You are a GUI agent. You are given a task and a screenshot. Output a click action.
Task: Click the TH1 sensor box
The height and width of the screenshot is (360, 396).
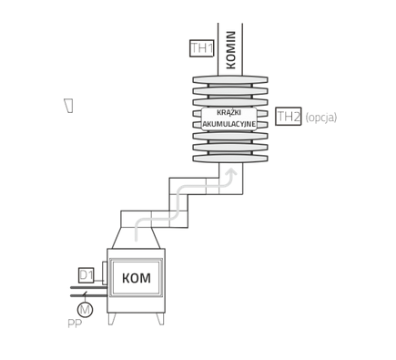click(202, 48)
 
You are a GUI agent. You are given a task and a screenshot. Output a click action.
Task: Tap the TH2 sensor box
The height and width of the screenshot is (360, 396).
click(289, 116)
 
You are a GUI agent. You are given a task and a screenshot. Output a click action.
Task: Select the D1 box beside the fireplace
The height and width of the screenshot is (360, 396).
click(86, 275)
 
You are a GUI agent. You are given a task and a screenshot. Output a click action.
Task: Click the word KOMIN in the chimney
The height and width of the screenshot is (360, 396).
click(230, 50)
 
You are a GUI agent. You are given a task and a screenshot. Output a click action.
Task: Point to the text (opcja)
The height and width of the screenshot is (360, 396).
click(321, 118)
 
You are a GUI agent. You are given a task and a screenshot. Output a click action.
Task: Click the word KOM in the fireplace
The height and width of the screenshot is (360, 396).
click(137, 278)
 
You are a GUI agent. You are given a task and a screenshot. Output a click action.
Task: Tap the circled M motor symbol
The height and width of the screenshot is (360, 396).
click(85, 310)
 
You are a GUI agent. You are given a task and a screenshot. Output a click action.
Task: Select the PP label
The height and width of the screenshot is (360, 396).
click(75, 324)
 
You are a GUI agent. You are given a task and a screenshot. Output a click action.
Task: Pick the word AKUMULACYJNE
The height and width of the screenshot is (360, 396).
click(229, 124)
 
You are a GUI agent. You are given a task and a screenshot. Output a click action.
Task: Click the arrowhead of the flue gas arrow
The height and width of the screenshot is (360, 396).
click(232, 171)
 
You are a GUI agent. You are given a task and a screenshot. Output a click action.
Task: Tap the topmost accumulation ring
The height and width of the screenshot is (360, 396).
click(230, 79)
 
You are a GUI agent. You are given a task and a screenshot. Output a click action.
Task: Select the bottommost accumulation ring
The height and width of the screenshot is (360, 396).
click(230, 159)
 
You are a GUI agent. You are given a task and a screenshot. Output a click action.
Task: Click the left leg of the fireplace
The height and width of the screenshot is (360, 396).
click(112, 319)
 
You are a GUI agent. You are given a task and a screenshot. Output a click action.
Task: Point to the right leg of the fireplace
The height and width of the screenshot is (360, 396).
click(160, 319)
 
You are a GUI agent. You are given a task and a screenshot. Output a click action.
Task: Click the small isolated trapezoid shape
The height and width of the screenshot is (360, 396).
click(69, 106)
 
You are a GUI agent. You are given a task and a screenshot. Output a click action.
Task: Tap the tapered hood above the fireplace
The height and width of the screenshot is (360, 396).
click(136, 238)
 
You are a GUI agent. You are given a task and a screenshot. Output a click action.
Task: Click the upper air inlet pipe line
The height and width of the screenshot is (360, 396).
click(88, 287)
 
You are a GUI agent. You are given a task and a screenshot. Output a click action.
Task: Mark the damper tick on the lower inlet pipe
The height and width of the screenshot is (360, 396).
click(85, 294)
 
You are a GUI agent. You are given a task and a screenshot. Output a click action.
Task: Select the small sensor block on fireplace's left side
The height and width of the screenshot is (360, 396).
click(105, 273)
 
